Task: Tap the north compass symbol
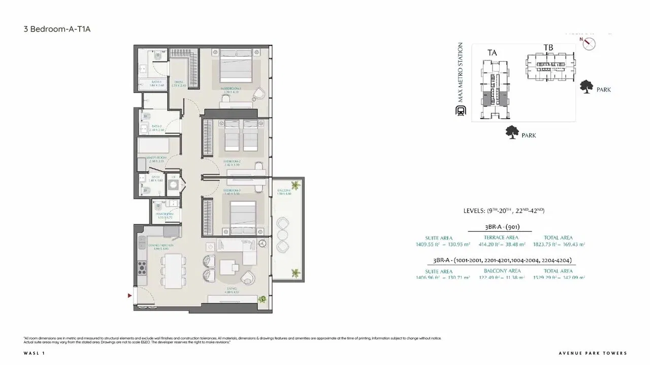589,44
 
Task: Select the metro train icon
461,112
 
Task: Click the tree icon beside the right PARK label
587,87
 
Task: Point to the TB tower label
548,48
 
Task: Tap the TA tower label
492,52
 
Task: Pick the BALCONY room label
284,191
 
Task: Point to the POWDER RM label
164,214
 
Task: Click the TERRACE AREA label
501,237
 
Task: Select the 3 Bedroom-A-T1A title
57,29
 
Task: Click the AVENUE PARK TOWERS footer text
592,353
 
